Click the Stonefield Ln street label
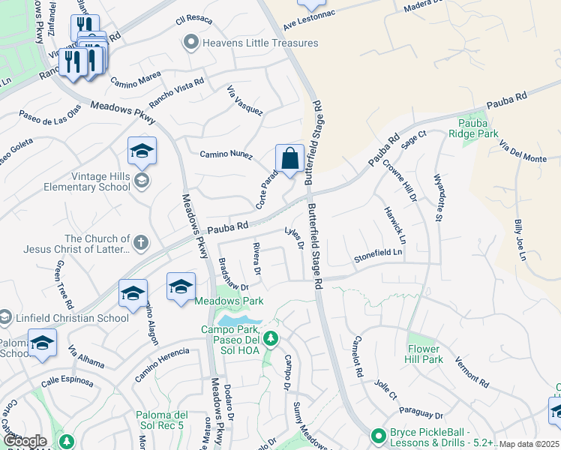tap(379, 256)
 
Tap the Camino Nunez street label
tap(224, 154)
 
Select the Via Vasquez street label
tap(244, 101)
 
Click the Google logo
tap(25, 441)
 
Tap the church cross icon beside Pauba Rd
tap(140, 242)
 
